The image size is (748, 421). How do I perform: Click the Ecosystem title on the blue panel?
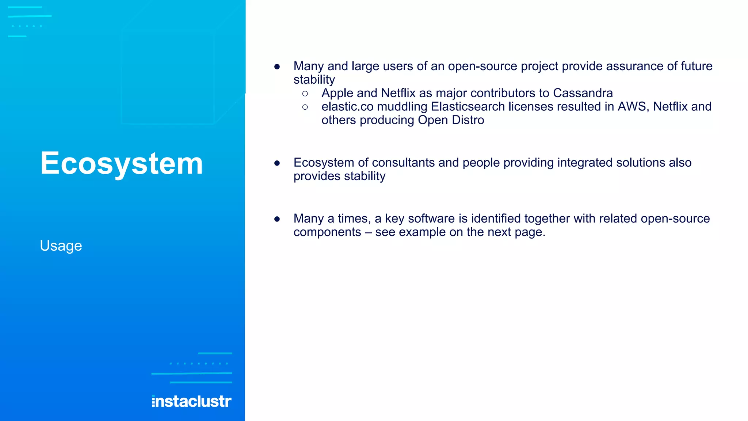click(x=121, y=163)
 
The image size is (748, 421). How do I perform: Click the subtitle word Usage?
click(x=61, y=246)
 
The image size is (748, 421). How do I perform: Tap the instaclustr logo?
click(x=191, y=401)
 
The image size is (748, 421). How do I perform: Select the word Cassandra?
click(x=583, y=93)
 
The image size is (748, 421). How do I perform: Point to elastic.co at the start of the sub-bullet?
click(x=347, y=107)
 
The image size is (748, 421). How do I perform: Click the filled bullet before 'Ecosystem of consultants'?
click(x=277, y=163)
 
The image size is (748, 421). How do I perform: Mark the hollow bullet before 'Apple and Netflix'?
click(x=305, y=94)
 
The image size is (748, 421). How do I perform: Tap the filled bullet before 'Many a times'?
click(x=277, y=219)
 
